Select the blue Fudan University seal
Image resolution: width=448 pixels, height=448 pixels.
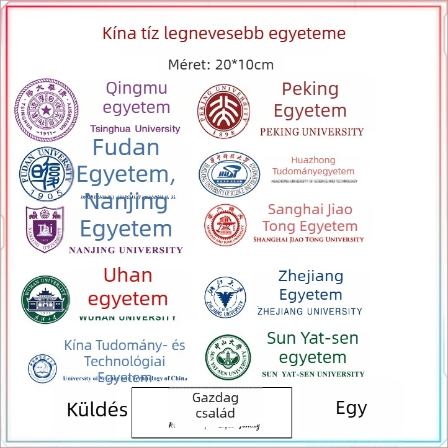click(x=45, y=174)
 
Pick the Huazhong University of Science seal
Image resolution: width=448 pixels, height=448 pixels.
click(x=229, y=174)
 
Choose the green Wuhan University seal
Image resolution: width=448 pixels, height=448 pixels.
click(x=47, y=300)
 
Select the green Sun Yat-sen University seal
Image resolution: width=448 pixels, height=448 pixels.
click(x=228, y=358)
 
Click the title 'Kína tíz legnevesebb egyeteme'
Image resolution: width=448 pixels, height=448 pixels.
click(x=224, y=33)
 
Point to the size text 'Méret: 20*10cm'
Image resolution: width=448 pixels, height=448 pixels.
click(x=221, y=65)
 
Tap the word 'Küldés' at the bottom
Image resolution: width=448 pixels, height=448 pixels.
click(x=97, y=410)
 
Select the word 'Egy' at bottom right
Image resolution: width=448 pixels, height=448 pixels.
click(x=351, y=408)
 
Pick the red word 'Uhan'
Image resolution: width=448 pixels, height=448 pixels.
click(x=127, y=275)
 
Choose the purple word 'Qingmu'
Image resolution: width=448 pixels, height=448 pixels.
click(x=137, y=88)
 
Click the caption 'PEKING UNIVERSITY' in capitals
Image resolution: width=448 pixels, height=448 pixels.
click(x=311, y=132)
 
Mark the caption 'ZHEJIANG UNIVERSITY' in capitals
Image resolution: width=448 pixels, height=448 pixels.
click(x=310, y=311)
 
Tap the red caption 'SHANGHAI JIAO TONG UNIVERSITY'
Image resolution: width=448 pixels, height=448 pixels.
click(x=308, y=240)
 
